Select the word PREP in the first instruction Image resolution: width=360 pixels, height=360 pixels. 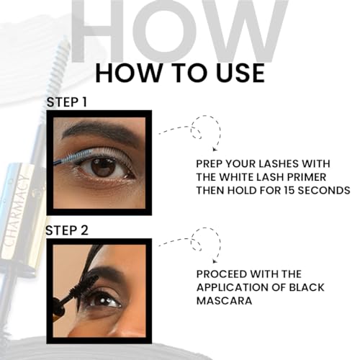213,163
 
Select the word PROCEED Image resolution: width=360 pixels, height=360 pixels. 226,274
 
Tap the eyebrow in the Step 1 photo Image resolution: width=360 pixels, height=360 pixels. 101,132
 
